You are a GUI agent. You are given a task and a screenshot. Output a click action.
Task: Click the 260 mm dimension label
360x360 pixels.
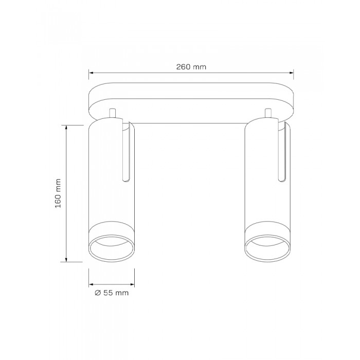point(191,67)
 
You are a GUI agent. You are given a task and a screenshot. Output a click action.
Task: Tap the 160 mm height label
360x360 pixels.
point(58,193)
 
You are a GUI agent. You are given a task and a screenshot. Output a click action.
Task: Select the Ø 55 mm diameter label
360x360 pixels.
point(112,293)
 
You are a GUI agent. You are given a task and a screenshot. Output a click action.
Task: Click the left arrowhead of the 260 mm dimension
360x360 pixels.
point(91,73)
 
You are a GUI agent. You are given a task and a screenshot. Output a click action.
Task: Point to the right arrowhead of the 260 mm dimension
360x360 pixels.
point(292,73)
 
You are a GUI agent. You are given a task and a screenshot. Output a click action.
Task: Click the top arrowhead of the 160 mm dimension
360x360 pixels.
point(66,128)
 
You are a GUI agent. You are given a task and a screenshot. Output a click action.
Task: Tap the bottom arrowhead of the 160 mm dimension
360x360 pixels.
point(66,259)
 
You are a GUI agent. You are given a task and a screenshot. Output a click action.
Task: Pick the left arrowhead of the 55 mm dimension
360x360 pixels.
point(91,284)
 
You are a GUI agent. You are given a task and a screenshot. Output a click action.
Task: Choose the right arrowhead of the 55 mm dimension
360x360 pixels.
point(133,284)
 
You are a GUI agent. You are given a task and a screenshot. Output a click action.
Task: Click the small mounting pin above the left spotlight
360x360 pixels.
point(112,113)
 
